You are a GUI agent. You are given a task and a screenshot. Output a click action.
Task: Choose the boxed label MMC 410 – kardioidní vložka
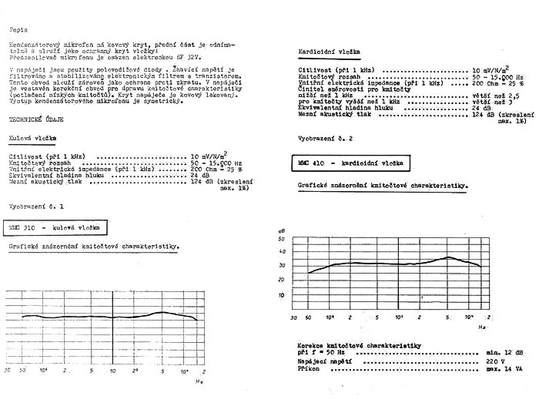pos(353,164)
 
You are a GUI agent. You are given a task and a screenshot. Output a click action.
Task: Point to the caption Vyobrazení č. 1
pos(36,208)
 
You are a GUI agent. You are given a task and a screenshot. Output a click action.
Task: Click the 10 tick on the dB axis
pos(281,294)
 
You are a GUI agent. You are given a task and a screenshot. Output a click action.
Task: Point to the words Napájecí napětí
pos(323,361)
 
